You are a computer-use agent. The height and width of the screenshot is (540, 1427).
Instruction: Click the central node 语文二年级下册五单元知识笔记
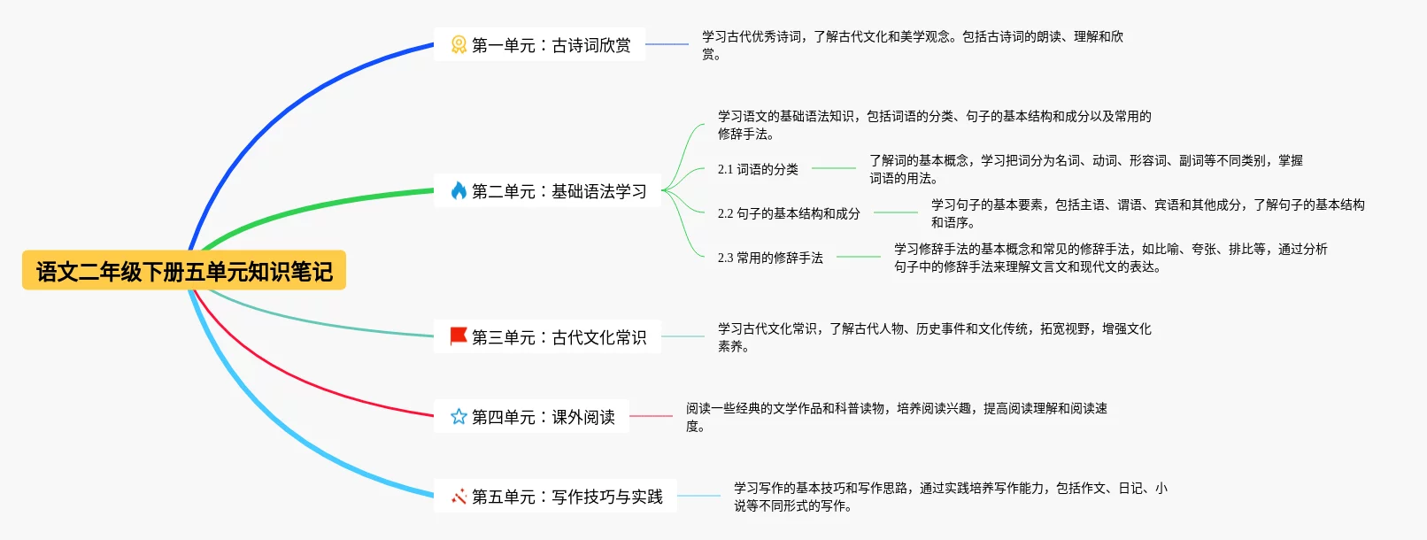tap(184, 271)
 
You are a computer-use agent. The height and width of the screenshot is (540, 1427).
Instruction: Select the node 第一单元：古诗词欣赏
tap(551, 45)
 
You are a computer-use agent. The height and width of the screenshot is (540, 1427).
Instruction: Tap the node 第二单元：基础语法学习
tap(559, 191)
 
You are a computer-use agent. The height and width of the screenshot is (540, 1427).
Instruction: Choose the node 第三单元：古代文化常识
tap(559, 337)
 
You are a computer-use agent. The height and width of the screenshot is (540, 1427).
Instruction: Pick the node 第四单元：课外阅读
tap(543, 417)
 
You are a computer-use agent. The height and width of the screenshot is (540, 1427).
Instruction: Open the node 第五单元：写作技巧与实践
tap(567, 497)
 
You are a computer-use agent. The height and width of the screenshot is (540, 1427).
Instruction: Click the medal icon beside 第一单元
tap(459, 45)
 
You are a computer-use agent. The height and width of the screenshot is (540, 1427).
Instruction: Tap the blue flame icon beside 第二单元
tap(459, 191)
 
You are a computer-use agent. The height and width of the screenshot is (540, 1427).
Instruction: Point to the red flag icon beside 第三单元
tap(459, 336)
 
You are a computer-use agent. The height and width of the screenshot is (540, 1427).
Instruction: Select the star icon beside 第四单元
tap(459, 417)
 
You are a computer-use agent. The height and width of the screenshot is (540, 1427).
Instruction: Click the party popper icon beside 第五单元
tap(459, 497)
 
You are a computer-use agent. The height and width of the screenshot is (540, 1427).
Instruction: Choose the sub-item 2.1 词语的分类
tap(758, 169)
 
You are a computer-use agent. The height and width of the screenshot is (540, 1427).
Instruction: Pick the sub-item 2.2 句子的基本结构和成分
tap(789, 213)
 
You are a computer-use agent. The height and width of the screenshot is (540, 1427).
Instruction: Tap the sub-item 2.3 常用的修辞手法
tap(770, 258)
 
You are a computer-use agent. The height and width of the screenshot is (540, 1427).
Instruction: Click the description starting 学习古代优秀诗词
tap(912, 45)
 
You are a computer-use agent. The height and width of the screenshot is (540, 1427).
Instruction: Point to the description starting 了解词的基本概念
tap(1085, 169)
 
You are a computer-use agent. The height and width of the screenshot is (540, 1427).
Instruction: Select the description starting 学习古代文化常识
tap(934, 337)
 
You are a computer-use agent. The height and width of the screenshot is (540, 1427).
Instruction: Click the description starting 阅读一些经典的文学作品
tap(896, 417)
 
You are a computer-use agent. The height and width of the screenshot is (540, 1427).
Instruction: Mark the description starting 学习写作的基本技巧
tap(950, 497)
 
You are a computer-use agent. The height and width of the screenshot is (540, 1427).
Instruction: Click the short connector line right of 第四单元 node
tap(651, 416)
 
